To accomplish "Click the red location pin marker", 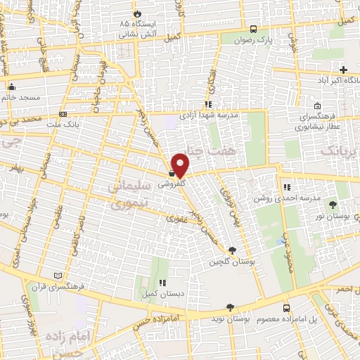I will click(181, 165).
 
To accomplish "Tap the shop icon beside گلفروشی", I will click(172, 173).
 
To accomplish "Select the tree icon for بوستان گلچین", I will click(232, 250).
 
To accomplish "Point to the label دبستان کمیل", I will click(157, 294).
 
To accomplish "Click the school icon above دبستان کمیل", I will click(162, 283).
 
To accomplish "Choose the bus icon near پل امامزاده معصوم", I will click(285, 308).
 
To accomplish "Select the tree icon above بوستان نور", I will click(332, 205).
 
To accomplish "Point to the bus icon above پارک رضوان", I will click(253, 30).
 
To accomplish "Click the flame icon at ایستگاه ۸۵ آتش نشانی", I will click(136, 13).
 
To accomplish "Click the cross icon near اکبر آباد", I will click(343, 70).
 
